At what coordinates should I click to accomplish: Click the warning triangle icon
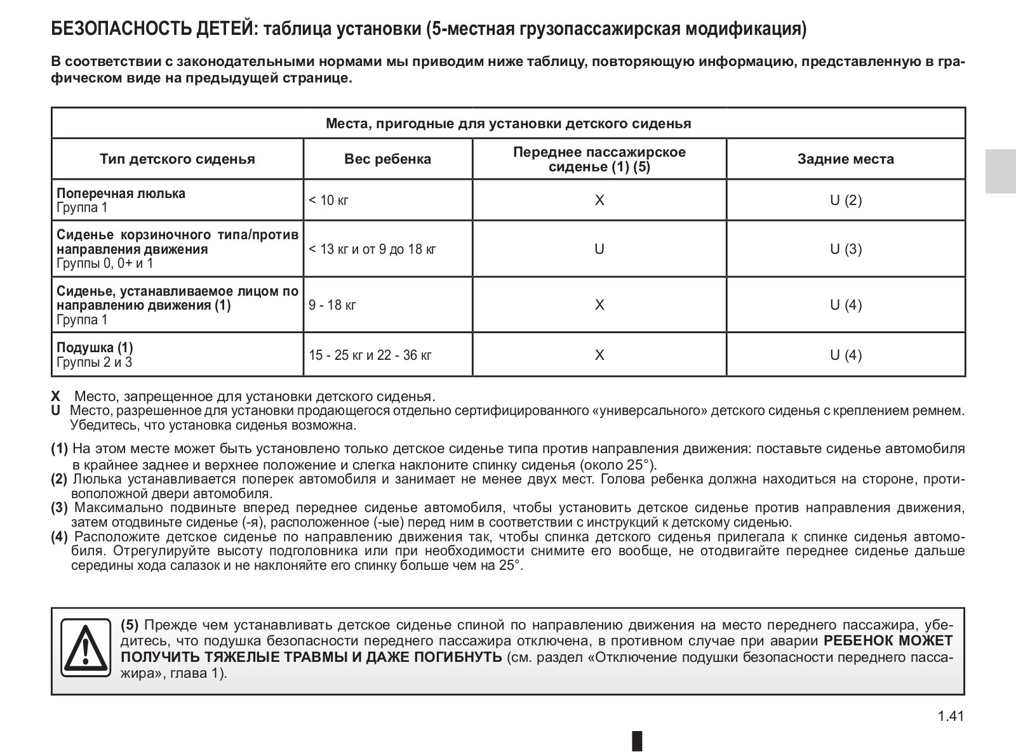[x=86, y=647]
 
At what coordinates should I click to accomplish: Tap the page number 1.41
[x=951, y=716]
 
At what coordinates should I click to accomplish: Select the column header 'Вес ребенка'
[x=387, y=159]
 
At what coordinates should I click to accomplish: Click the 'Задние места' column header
[x=845, y=159]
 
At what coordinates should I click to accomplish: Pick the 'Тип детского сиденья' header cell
[x=177, y=159]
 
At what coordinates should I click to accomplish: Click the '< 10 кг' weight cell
[x=329, y=201]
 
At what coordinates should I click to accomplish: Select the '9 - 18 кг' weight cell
[x=333, y=305]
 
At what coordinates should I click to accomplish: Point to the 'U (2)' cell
[x=846, y=201]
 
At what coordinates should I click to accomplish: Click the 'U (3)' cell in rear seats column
[x=846, y=249]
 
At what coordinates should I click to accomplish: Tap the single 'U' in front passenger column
[x=599, y=249]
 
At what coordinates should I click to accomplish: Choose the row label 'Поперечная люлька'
[x=121, y=194]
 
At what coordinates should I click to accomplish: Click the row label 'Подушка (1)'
[x=95, y=348]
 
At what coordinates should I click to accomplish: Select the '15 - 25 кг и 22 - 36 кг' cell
[x=370, y=355]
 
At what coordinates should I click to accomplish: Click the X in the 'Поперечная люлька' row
[x=599, y=201]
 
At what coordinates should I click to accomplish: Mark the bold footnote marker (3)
[x=60, y=507]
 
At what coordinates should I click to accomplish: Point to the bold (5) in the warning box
[x=130, y=624]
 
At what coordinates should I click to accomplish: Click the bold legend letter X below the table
[x=56, y=397]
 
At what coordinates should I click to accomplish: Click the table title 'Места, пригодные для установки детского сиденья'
[x=508, y=123]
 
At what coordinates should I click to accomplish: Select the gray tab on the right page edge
[x=1000, y=171]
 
